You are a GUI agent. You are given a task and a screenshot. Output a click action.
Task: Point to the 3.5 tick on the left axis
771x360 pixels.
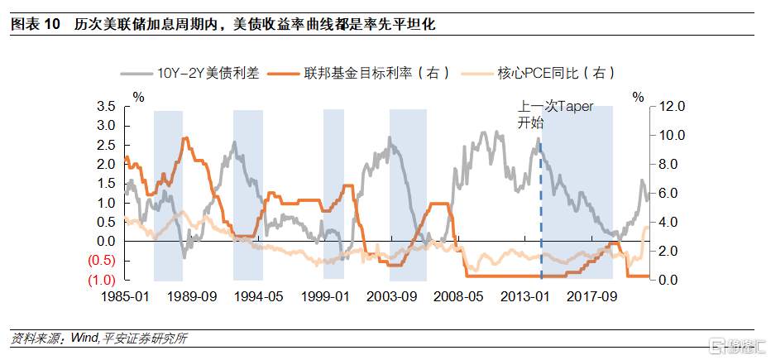click(x=106, y=107)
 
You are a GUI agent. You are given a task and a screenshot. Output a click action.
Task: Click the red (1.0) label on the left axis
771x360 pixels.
click(x=102, y=280)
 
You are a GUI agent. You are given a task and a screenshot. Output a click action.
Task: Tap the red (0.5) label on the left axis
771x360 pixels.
click(x=102, y=261)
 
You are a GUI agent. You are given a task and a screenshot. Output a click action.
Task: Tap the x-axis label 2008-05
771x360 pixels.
click(x=457, y=296)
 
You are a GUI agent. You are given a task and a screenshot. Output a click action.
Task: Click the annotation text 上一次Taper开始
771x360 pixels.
click(x=554, y=115)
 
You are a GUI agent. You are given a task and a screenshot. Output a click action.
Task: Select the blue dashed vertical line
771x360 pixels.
click(x=540, y=215)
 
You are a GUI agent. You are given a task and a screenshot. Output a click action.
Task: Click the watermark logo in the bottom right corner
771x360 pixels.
click(x=735, y=343)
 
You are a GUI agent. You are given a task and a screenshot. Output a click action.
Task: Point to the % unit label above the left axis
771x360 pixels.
click(x=138, y=97)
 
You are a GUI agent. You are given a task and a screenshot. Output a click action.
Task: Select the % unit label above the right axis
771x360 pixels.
click(x=638, y=97)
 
